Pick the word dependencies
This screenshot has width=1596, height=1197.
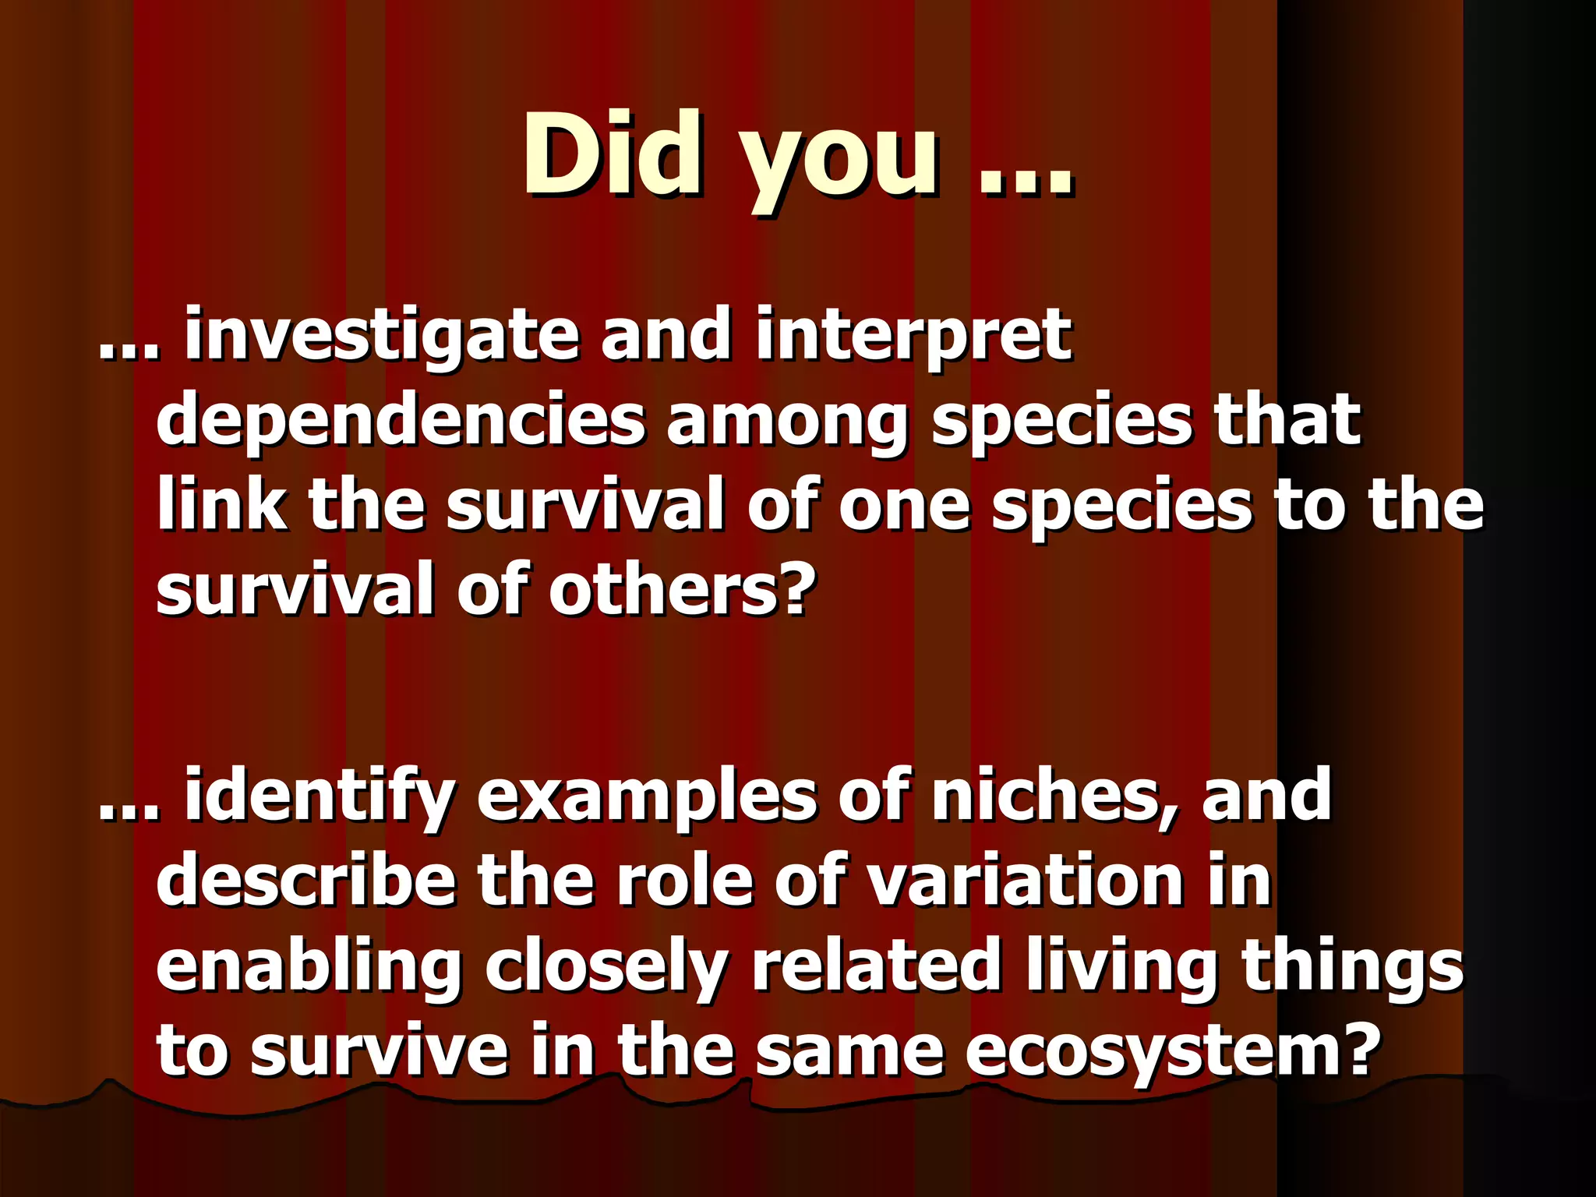click(x=401, y=422)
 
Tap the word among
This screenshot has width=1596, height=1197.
click(x=788, y=422)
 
